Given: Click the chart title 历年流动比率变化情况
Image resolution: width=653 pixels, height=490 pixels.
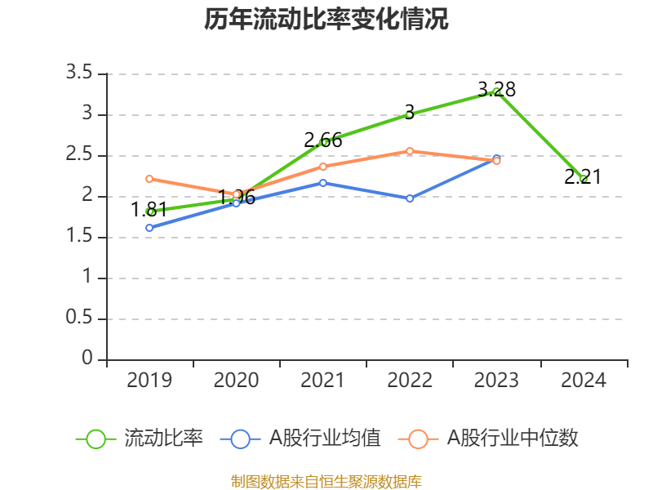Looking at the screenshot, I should click(x=326, y=20).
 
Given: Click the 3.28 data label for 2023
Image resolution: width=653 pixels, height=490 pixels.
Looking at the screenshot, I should click(x=496, y=89).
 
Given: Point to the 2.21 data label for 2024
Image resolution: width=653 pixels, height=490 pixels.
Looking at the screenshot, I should click(x=583, y=176).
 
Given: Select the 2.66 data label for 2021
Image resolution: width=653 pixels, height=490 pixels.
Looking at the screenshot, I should click(x=323, y=140).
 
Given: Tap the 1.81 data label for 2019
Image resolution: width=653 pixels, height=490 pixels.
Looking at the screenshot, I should click(x=149, y=210).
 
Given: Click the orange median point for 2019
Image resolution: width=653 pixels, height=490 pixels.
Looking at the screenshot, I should click(x=149, y=179).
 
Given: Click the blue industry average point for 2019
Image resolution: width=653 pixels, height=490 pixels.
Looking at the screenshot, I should click(x=149, y=228).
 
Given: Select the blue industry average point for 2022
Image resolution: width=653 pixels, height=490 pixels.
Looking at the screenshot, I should click(x=410, y=198).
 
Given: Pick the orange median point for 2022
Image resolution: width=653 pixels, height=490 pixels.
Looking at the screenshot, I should click(x=410, y=151).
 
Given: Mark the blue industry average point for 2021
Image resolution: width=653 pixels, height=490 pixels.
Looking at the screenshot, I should click(x=323, y=183).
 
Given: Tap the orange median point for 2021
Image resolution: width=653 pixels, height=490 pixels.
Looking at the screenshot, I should click(x=323, y=167).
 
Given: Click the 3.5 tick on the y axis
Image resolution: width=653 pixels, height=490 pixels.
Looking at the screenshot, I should click(x=80, y=74).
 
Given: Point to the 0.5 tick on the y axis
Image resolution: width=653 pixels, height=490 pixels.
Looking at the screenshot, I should click(x=80, y=319).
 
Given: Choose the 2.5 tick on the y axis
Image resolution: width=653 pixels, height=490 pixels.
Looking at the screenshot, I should click(x=80, y=156).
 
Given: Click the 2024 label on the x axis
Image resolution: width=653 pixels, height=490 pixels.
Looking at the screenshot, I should click(x=583, y=381).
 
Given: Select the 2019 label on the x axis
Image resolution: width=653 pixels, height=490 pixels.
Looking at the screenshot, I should click(x=149, y=381).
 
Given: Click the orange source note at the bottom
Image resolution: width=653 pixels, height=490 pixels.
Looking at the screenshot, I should click(x=326, y=481).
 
